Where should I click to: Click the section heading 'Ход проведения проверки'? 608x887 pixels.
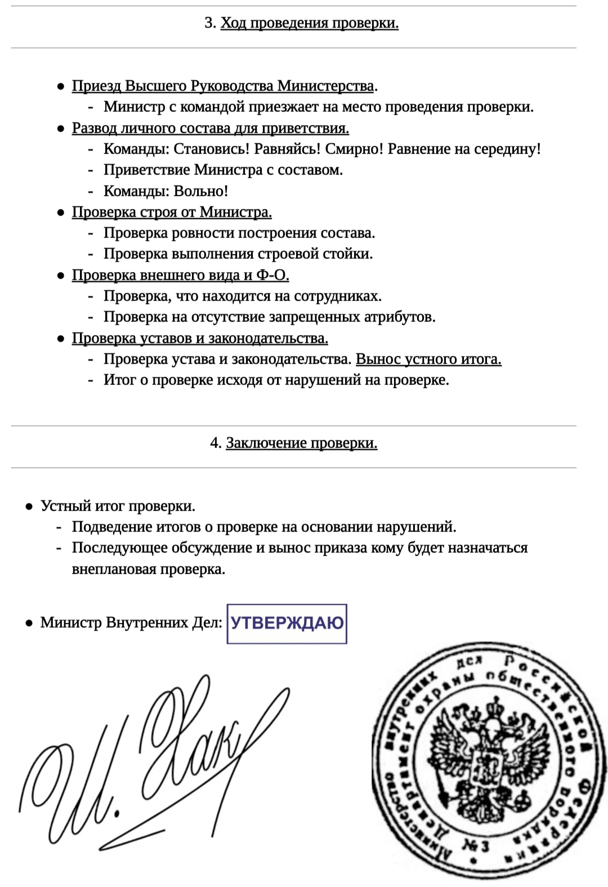point(309,23)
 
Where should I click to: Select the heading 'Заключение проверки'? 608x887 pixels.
point(301,443)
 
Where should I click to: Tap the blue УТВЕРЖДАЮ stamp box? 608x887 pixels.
point(287,623)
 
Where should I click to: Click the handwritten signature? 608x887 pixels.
point(152,766)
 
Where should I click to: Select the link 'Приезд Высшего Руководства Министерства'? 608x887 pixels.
point(223,86)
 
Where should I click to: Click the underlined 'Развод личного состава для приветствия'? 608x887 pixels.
point(210,128)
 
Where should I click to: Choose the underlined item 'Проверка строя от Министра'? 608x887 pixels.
point(172,212)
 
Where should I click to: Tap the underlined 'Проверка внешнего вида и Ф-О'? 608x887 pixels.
point(180,275)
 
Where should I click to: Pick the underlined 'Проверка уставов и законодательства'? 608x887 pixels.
point(200,338)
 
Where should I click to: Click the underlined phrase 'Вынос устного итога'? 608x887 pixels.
point(428,359)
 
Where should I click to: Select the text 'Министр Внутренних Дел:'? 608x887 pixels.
point(131,623)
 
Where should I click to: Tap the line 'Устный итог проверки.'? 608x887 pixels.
point(118,506)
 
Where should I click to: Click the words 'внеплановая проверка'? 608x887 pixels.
point(148,569)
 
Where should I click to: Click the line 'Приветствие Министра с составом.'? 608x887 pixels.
point(223,170)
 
